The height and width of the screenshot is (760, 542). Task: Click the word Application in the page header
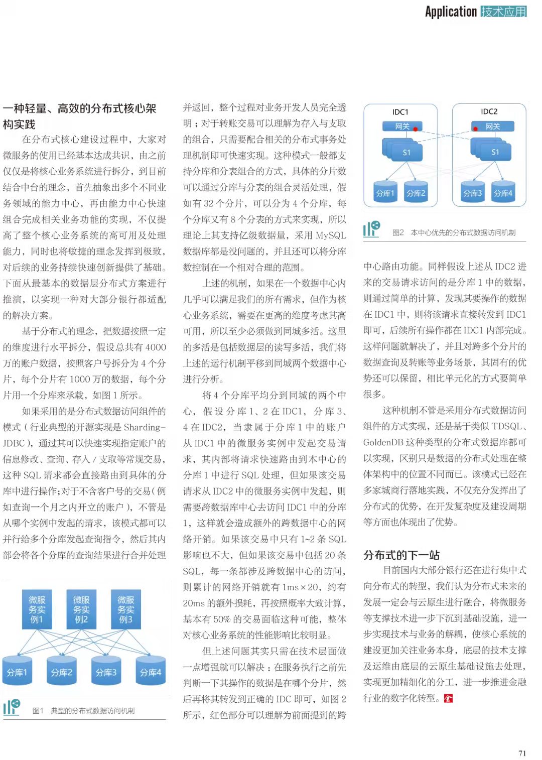[x=451, y=12]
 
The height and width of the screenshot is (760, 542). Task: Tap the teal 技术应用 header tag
[x=503, y=12]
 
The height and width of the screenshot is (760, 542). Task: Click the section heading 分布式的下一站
[x=401, y=555]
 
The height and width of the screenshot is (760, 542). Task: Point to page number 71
[x=522, y=753]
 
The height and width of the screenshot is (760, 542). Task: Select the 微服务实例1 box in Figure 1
[x=37, y=609]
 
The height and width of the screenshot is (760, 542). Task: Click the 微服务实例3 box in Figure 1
[x=125, y=609]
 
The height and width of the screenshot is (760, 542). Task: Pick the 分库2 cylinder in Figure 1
[x=62, y=672]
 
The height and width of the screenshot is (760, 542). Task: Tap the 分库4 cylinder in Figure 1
[x=151, y=672]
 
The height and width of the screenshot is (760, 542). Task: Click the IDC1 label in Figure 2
[x=400, y=112]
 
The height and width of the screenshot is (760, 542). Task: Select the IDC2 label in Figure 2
[x=489, y=112]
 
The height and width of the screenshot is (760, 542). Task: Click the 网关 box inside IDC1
[x=402, y=126]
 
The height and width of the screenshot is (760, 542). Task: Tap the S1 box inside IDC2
[x=495, y=152]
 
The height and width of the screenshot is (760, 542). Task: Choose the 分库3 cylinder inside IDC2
[x=472, y=193]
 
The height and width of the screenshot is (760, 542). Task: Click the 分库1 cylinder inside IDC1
[x=385, y=193]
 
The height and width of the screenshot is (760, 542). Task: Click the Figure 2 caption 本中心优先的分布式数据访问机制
[x=463, y=232]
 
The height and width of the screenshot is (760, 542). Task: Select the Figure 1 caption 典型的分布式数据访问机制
[x=92, y=711]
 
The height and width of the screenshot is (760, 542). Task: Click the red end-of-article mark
[x=448, y=698]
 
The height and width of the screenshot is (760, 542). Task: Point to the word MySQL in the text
[x=331, y=235]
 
